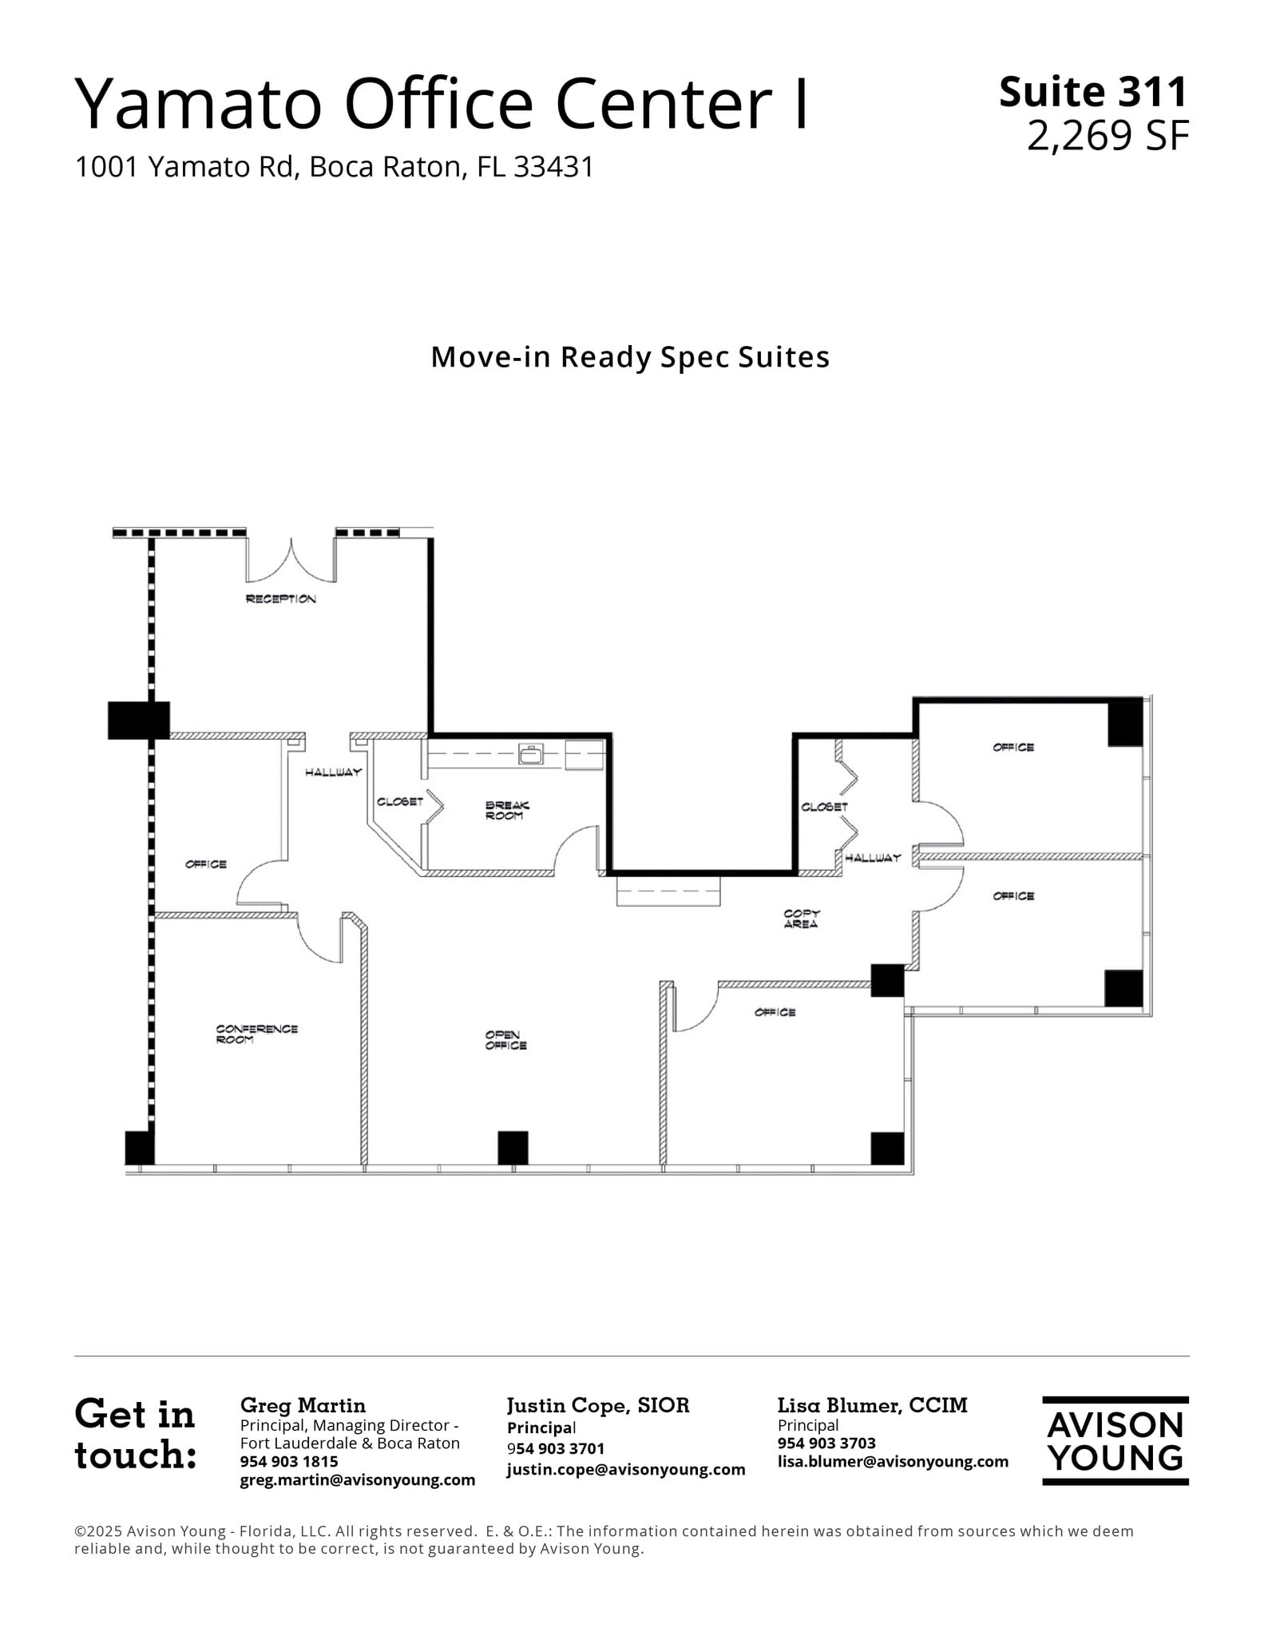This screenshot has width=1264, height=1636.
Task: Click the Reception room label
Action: click(280, 599)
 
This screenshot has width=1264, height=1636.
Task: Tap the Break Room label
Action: click(506, 811)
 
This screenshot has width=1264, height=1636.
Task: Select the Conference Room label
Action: click(256, 1034)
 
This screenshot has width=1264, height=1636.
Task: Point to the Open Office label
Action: click(505, 1040)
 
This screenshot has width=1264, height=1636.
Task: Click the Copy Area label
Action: click(801, 919)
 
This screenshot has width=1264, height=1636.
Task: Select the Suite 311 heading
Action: click(1093, 92)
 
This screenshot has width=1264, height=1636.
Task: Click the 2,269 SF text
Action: click(1107, 136)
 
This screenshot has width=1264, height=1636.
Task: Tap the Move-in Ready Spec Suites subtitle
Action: click(630, 357)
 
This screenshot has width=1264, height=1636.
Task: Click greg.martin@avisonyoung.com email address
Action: click(357, 1479)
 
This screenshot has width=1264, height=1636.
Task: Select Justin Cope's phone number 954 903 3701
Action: click(555, 1448)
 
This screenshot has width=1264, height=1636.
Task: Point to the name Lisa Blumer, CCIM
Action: click(872, 1405)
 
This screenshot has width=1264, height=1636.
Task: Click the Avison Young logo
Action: click(1115, 1441)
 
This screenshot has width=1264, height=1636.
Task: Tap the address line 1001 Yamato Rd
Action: click(334, 167)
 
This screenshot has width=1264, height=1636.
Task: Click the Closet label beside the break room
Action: click(399, 801)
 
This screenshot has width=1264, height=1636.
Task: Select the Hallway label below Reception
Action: click(333, 772)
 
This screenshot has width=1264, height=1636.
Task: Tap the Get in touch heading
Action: click(135, 1435)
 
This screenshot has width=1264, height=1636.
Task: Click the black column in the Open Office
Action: click(513, 1147)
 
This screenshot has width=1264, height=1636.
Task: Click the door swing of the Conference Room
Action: click(321, 943)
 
